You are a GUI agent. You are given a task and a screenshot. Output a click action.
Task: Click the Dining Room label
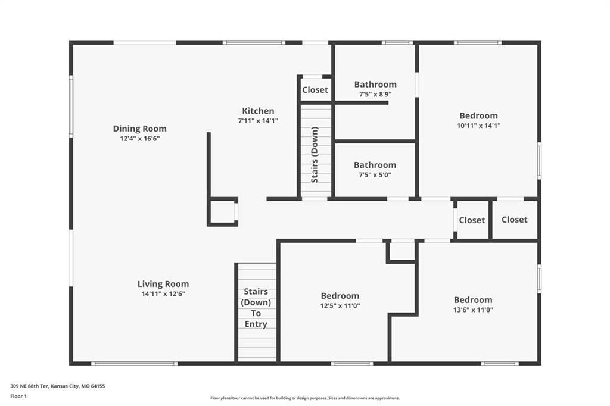click(x=139, y=129)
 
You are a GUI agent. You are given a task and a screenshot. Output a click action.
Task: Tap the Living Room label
click(x=163, y=284)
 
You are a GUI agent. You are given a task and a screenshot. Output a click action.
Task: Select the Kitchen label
click(x=258, y=111)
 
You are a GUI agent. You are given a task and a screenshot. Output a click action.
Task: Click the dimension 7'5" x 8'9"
click(x=375, y=94)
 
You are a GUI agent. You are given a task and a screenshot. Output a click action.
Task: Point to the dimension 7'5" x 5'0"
click(x=375, y=175)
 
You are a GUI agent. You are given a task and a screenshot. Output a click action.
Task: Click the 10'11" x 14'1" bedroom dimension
click(x=478, y=126)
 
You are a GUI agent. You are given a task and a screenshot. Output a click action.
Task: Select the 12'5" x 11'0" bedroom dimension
click(x=340, y=305)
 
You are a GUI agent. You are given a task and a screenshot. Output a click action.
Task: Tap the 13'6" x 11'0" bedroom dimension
click(x=473, y=310)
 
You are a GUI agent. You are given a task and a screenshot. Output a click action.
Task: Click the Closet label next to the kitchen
click(x=315, y=90)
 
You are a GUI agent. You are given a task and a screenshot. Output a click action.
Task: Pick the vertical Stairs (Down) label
click(x=315, y=155)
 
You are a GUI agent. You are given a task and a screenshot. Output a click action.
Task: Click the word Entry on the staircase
click(x=256, y=324)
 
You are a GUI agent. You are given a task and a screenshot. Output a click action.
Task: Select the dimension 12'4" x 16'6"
click(x=140, y=139)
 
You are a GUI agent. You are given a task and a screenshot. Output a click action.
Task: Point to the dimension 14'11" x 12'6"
click(x=163, y=294)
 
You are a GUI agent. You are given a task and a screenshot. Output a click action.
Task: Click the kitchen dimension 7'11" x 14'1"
click(x=258, y=121)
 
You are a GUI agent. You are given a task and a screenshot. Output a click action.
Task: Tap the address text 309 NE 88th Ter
click(x=29, y=386)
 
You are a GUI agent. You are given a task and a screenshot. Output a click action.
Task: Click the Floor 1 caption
click(x=18, y=396)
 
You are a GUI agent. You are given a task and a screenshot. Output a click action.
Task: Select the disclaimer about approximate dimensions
click(x=305, y=398)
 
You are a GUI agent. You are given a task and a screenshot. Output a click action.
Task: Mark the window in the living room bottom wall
click(x=135, y=364)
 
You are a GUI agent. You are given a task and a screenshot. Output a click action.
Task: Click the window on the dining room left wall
click(x=71, y=106)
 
